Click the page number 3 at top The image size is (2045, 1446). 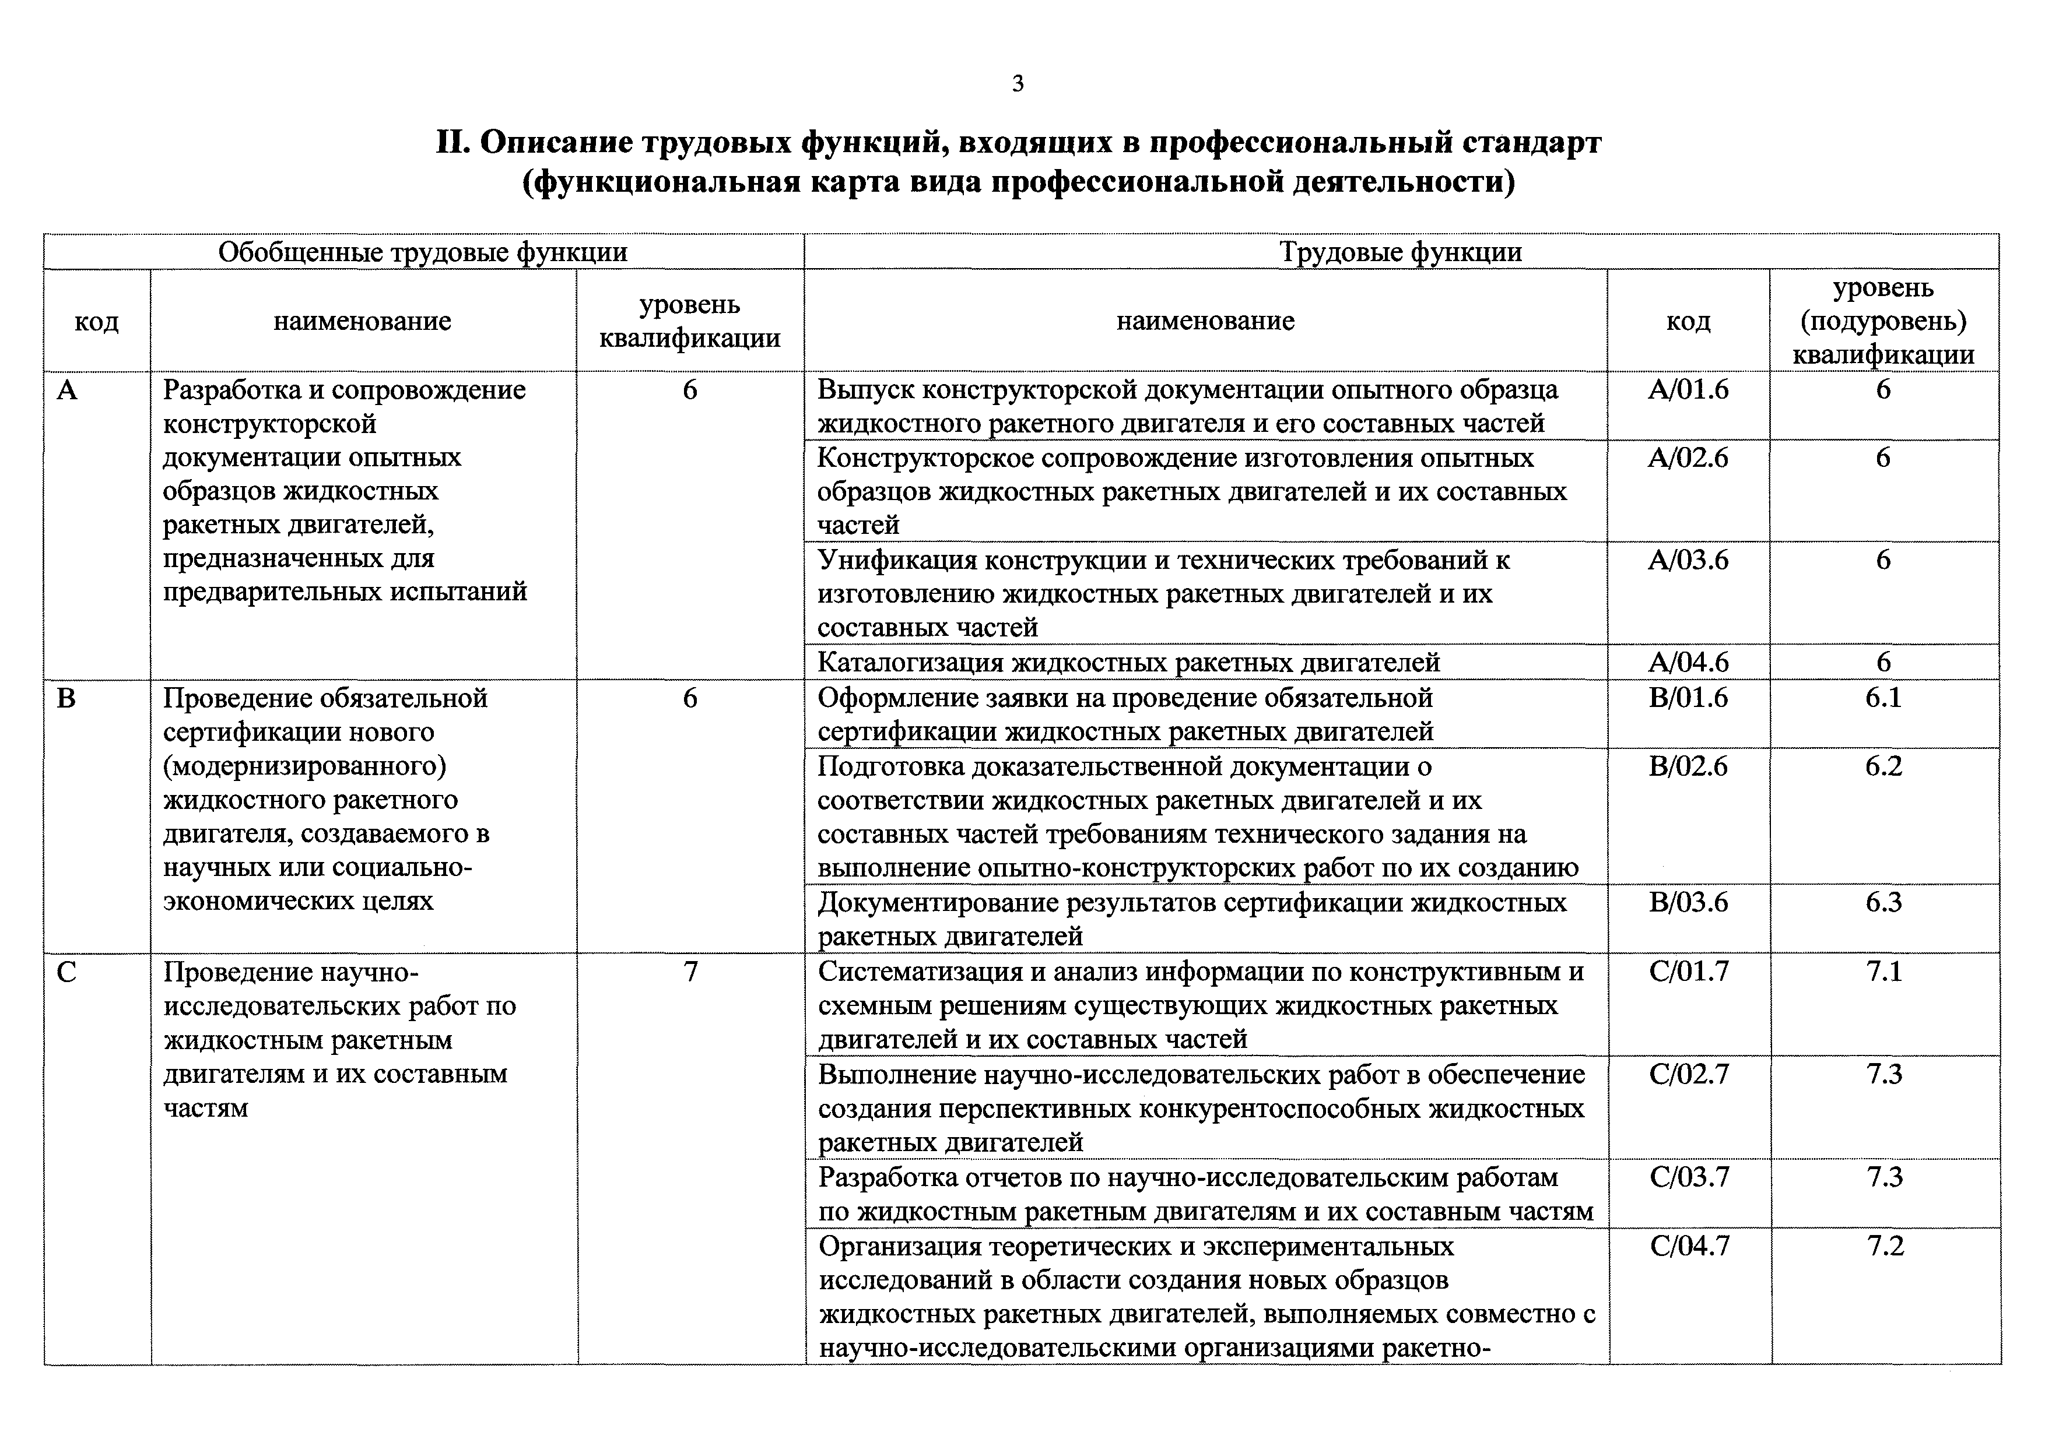(x=1018, y=84)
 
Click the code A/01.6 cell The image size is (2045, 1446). (x=1688, y=389)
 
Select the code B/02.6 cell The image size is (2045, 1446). (x=1688, y=766)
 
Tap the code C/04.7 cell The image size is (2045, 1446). (x=1690, y=1246)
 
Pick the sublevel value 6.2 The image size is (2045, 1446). (x=1884, y=766)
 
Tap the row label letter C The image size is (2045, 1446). (x=67, y=972)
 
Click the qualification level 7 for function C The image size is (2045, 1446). (x=690, y=972)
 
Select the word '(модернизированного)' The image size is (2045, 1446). (x=304, y=766)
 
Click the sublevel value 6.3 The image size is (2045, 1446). (x=1884, y=902)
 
